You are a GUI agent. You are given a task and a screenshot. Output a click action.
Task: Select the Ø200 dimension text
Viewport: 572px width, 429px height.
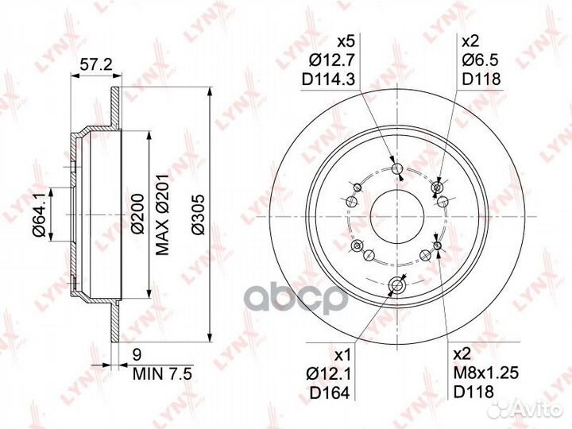(137, 214)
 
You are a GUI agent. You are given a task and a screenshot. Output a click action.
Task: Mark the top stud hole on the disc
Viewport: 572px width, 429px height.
(396, 168)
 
